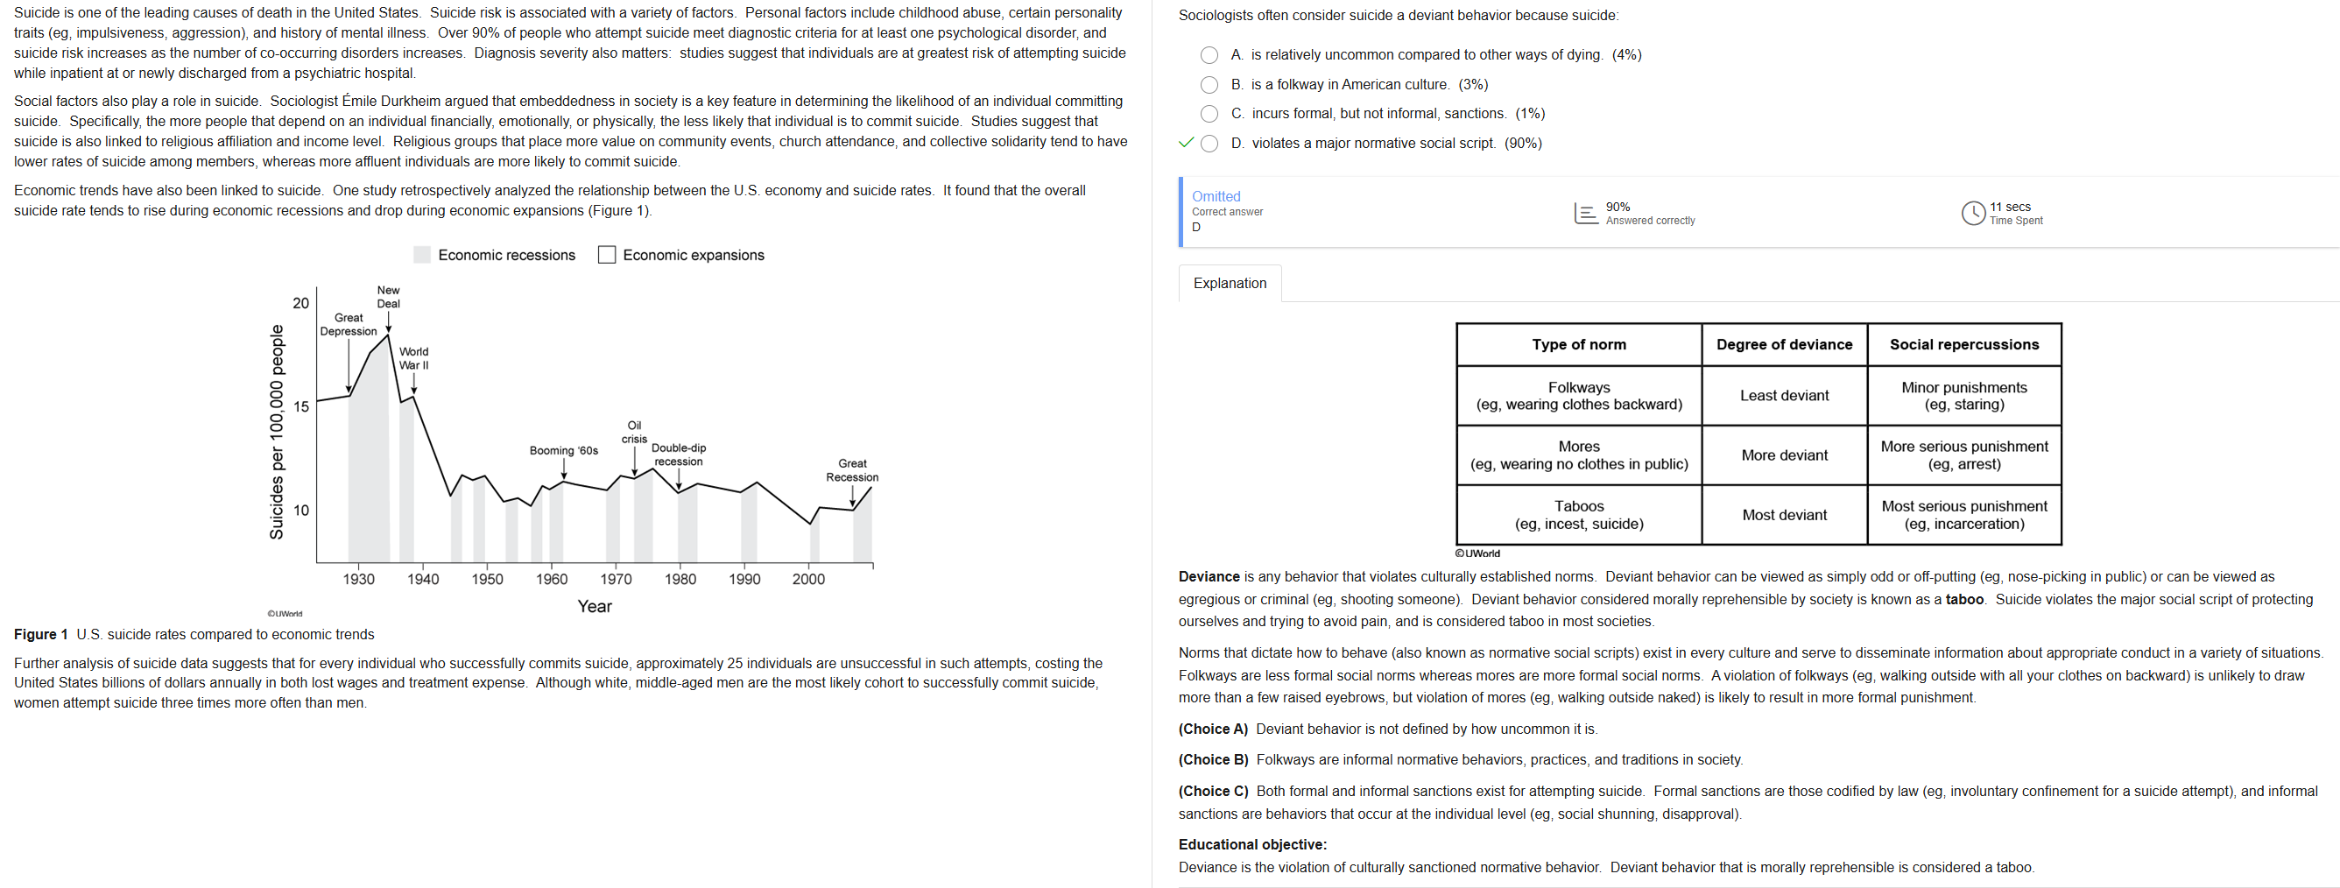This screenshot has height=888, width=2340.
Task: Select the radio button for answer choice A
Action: coord(1209,55)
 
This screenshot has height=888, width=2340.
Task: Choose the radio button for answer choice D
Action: coord(1209,144)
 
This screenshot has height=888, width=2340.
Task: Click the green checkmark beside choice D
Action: coord(1186,143)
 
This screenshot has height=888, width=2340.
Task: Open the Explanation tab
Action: coord(1229,283)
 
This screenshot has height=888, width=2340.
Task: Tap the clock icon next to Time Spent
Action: coord(1973,214)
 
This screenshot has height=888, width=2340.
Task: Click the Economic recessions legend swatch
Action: coord(422,255)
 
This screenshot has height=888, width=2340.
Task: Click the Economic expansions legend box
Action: coord(607,255)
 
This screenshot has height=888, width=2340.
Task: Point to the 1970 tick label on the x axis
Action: coord(616,579)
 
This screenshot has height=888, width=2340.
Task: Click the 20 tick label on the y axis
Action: coord(300,303)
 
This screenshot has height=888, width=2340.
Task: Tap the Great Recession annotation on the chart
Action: coord(852,470)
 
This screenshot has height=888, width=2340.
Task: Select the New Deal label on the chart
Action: coord(388,297)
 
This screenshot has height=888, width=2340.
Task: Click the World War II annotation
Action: coord(414,359)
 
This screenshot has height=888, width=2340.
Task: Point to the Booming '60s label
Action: coord(564,450)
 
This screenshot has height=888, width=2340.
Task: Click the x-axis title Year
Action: coord(594,607)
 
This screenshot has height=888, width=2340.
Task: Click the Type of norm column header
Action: coord(1579,345)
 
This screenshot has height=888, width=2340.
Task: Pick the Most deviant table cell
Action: coord(1784,516)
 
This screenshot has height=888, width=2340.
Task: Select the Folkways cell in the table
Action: coord(1579,396)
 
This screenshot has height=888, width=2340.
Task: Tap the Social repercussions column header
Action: coord(1964,345)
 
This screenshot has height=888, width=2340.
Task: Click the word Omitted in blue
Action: coord(1216,196)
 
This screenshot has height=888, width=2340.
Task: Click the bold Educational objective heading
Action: coord(1251,844)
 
